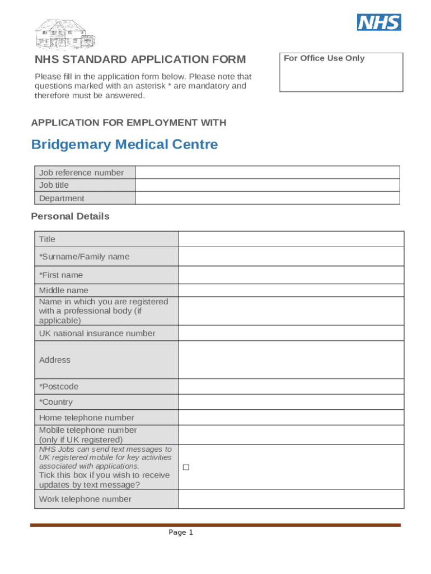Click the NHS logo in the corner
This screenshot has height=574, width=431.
379,22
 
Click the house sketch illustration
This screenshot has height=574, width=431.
65,35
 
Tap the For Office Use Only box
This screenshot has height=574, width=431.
341,72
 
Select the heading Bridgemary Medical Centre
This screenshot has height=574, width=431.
124,145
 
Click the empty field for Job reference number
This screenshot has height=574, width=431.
267,173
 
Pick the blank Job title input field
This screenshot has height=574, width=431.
267,185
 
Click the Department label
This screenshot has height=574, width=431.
62,198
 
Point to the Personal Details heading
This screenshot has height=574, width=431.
71,216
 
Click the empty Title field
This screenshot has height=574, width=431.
291,239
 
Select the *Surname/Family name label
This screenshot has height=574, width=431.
84,257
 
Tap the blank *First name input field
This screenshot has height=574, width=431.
291,275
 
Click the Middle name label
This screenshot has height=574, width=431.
63,290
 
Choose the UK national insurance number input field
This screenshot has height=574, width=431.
291,333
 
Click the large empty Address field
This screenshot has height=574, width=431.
291,360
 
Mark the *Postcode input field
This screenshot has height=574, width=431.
291,386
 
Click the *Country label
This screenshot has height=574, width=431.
55,402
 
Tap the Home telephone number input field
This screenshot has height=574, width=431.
291,418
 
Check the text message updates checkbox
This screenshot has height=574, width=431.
186,467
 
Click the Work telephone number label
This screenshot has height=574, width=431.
85,499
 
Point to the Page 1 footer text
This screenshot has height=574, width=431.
181,533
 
